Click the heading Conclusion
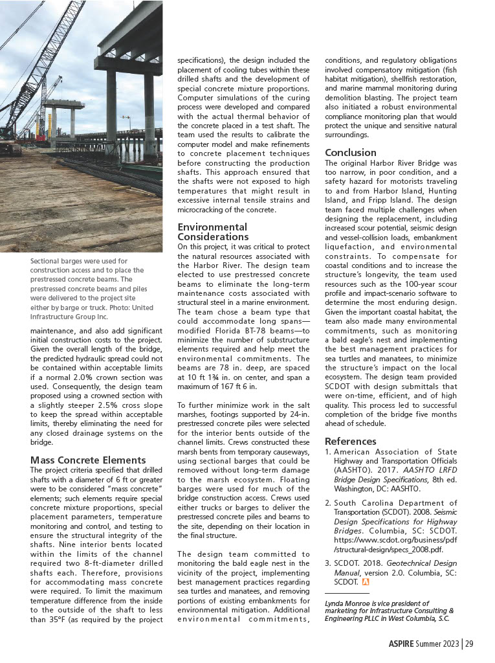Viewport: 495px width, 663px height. click(350, 153)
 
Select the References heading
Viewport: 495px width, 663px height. click(350, 442)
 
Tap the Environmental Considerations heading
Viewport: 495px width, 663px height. click(212, 232)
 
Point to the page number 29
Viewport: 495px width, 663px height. click(468, 643)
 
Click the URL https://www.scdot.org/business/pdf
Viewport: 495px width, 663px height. click(391, 537)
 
